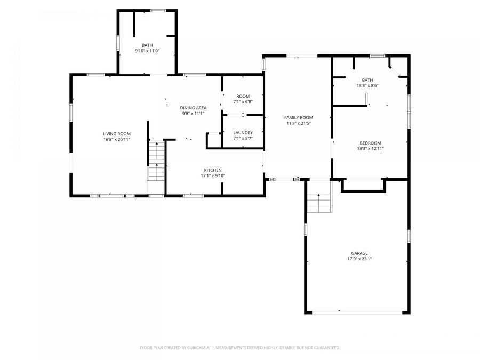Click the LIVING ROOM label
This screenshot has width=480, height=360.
(117, 134)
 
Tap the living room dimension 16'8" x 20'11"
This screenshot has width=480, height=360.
(117, 139)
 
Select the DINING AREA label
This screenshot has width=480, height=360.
(193, 108)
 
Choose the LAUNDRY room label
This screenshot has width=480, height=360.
(243, 133)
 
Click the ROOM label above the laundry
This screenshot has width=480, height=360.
(243, 96)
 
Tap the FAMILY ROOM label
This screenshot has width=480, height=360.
(298, 117)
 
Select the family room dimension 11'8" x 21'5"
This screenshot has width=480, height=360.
(298, 123)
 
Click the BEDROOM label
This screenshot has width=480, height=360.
(370, 143)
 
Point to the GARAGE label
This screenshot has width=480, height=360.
(359, 253)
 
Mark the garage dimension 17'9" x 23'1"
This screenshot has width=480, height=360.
(359, 259)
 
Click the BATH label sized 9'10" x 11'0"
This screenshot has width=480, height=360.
(147, 45)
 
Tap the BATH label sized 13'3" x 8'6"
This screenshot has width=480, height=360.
(367, 80)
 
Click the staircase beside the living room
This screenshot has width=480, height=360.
(156, 163)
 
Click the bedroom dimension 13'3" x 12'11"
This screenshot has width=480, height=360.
(370, 149)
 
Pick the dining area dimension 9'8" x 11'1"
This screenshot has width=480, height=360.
(193, 113)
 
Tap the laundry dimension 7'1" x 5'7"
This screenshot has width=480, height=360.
(243, 139)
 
